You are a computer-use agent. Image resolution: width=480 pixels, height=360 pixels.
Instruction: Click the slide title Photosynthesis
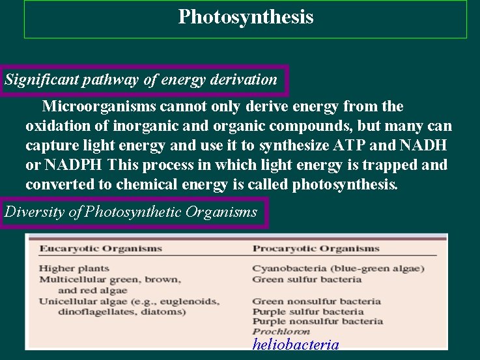coord(246,17)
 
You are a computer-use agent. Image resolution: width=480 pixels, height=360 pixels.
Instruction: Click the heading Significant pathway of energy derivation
coord(141,80)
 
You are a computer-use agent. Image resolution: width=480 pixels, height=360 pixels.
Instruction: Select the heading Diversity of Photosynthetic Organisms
coord(131,212)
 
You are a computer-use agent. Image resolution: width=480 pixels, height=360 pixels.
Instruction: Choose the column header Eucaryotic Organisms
coord(100,248)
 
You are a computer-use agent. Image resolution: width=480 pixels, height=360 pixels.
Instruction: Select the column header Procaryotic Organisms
coord(316,248)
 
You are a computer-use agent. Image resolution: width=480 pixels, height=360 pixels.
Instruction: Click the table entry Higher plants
coord(74,268)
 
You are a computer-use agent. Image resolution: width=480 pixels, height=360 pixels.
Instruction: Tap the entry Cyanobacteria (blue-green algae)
coord(338,268)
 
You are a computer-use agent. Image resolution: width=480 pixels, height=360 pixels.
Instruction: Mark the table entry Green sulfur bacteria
coord(306,279)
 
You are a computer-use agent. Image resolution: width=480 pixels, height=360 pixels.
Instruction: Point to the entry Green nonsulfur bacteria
coord(316,301)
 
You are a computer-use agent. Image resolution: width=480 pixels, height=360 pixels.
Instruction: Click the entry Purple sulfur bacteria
coord(307,311)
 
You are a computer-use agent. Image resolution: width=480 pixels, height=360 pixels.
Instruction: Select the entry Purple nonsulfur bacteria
coord(317,321)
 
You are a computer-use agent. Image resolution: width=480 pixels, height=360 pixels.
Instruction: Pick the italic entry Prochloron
coord(281,331)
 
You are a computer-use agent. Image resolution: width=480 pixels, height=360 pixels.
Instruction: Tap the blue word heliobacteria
coord(296,344)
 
